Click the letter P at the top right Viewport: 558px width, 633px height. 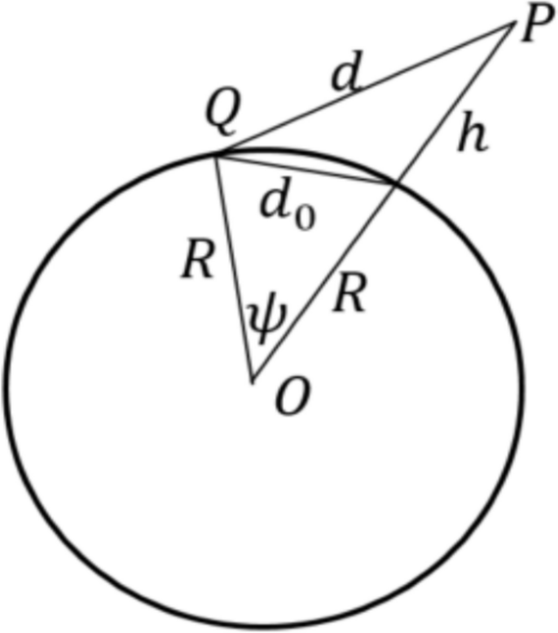point(534,28)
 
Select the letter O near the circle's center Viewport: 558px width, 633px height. point(291,402)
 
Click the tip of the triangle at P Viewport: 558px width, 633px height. point(512,27)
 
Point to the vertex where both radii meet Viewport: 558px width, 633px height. point(253,381)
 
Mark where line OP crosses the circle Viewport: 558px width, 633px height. point(396,186)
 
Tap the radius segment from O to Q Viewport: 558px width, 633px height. point(235,269)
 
